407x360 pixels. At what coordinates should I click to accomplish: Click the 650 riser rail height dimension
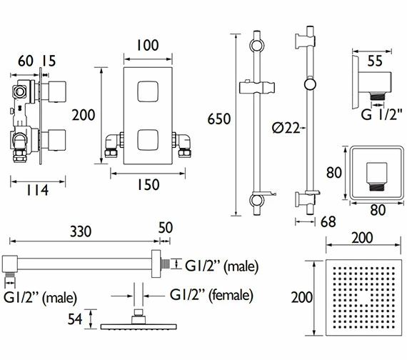pos(219,119)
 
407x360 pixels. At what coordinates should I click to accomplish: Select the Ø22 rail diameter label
pos(286,128)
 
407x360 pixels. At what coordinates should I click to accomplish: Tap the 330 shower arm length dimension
pos(81,231)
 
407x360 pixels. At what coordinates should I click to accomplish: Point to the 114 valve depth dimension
pos(37,190)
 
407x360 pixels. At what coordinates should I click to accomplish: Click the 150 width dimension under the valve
pos(148,185)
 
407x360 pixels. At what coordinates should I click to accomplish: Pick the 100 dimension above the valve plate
pos(147,45)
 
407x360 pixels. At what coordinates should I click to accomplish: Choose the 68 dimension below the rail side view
pos(328,221)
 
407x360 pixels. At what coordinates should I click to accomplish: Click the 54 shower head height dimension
pos(75,319)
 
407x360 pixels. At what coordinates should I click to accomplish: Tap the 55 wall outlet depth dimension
pos(375,61)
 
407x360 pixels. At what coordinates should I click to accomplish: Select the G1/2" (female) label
pos(211,295)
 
